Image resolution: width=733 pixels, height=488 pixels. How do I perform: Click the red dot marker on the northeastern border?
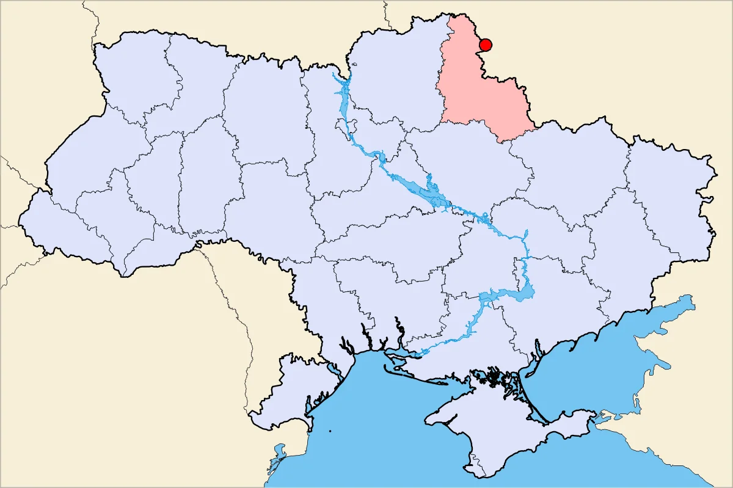(x=486, y=45)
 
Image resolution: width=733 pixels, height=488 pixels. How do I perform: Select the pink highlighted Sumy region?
(x=483, y=92)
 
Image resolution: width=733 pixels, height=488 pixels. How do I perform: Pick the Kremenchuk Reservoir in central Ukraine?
(x=428, y=192)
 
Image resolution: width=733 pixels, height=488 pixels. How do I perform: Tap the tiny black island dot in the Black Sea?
(x=330, y=432)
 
